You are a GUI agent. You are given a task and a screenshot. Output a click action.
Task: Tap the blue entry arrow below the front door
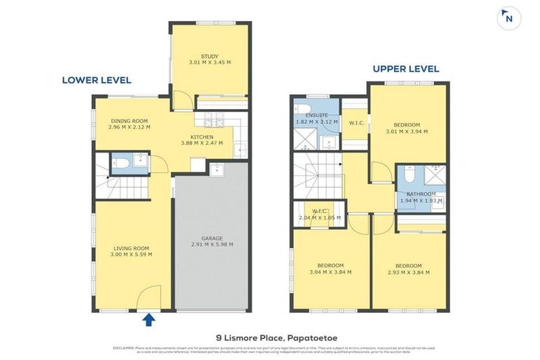pyautogui.click(x=148, y=321)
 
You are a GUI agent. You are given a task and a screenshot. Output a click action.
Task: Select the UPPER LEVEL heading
pyautogui.click(x=406, y=69)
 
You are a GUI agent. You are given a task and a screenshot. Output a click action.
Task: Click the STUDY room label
pyautogui.click(x=210, y=56)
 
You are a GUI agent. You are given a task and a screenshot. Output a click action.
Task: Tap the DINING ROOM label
pyautogui.click(x=130, y=122)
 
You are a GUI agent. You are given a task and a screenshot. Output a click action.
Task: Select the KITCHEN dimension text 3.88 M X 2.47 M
pyautogui.click(x=201, y=143)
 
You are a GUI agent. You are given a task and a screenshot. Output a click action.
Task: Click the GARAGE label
pyautogui.click(x=212, y=238)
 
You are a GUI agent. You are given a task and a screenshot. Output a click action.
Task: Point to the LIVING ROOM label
pyautogui.click(x=131, y=247)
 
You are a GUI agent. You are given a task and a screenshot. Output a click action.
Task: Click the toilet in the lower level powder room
pyautogui.click(x=121, y=165)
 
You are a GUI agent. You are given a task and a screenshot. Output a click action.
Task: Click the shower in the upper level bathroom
pyautogui.click(x=435, y=175)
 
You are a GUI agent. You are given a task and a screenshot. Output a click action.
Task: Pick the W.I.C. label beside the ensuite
pyautogui.click(x=355, y=123)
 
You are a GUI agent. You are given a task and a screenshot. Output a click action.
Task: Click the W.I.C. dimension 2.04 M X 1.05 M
pyautogui.click(x=320, y=217)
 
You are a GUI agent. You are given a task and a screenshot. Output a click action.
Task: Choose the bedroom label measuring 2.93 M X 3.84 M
pyautogui.click(x=408, y=266)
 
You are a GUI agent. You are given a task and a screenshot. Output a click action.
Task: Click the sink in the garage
pyautogui.click(x=217, y=169)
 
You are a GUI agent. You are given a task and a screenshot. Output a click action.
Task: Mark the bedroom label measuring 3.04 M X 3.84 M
pyautogui.click(x=330, y=266)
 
